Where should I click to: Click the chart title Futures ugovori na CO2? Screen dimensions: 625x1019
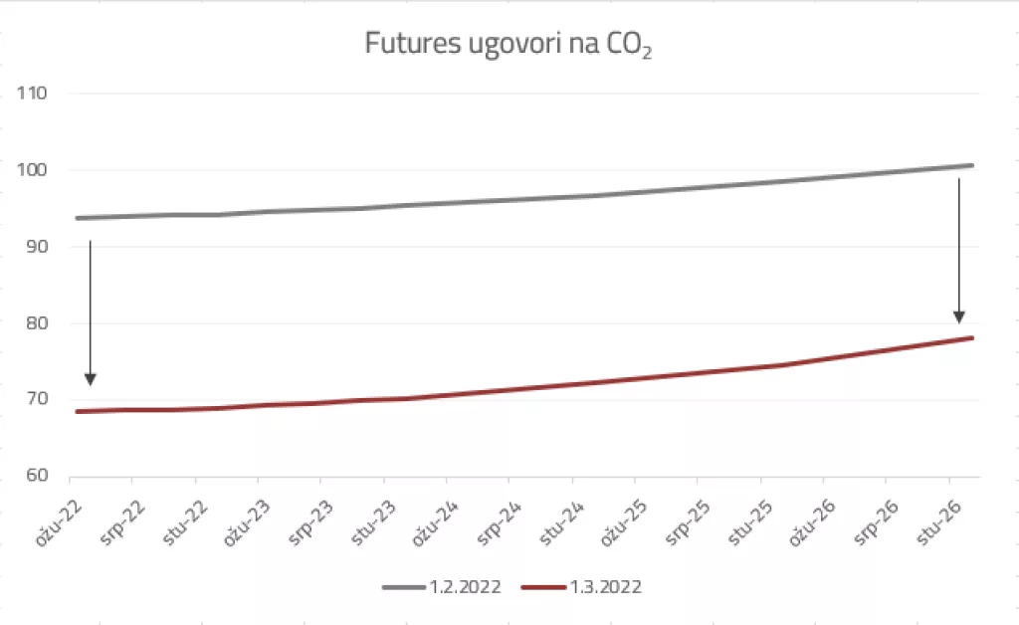coord(509,46)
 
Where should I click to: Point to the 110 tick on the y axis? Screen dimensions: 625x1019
coord(33,94)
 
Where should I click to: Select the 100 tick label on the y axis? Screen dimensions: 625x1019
coord(33,170)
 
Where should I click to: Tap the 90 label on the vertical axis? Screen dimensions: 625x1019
coord(36,247)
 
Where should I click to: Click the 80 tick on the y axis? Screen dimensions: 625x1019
coord(36,323)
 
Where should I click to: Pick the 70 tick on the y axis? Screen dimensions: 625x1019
coord(36,400)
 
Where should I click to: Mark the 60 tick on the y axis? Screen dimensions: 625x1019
coord(36,477)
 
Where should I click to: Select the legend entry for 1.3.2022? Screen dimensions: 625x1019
coord(582,587)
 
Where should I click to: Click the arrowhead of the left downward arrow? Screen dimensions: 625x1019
coord(91,378)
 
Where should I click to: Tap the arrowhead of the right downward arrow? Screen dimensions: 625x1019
coord(959,316)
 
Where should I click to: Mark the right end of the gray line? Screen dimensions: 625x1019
coord(971,165)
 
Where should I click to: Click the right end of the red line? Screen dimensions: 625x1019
coord(971,338)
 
